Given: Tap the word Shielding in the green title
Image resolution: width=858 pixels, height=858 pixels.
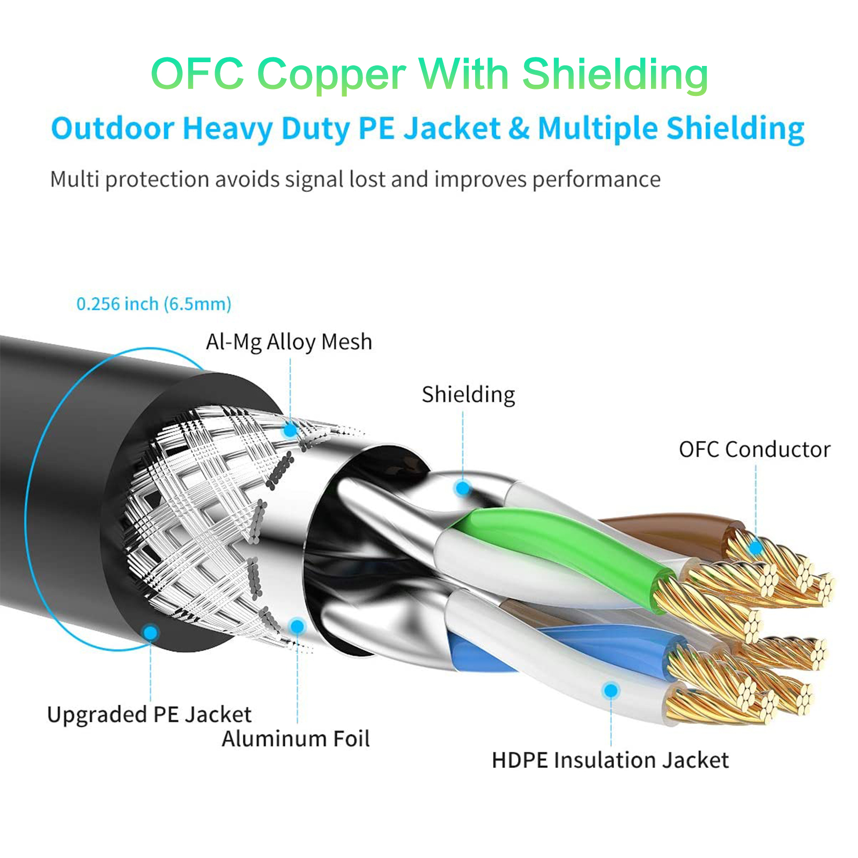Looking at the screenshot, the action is pos(615,75).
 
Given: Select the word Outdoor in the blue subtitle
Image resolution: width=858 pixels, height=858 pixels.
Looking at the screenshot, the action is pos(113,129).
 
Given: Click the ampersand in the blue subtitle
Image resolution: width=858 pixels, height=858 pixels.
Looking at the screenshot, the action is pos(518,129).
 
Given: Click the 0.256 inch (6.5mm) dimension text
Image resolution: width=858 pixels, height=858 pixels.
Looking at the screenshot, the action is pos(154,304).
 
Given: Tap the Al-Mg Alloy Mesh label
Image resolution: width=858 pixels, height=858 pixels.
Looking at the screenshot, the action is pos(289,342).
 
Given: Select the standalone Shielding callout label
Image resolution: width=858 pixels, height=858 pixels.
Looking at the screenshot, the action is pos(468,395).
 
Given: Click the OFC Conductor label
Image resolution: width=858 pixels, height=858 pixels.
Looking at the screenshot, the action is pos(755,449).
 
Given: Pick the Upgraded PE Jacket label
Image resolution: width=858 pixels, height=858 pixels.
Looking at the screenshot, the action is pos(149,715).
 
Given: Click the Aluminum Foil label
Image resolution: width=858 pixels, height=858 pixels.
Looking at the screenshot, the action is pos(296,739).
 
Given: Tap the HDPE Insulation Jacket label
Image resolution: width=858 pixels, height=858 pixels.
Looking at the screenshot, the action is pos(610,760).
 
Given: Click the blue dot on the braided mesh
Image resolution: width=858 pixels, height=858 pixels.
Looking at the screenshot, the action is pos(290,430).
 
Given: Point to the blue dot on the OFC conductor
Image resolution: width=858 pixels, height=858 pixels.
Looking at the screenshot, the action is pos(756,548).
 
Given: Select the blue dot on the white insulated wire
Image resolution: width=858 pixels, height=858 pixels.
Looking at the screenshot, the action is pos(611,690).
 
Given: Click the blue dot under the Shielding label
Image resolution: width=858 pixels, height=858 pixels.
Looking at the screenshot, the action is pos(463,488).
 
